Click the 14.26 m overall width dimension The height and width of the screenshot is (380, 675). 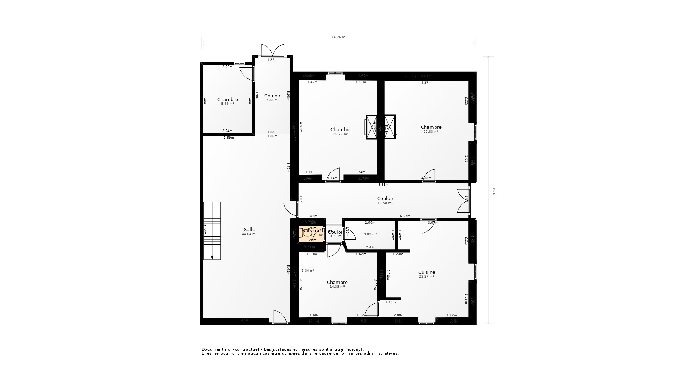coord(338,37)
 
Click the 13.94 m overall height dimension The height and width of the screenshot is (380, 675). coord(494,190)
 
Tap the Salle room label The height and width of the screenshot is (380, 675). coord(249,230)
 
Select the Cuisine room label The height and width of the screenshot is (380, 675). coord(426,272)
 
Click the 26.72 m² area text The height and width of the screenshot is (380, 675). coord(340,134)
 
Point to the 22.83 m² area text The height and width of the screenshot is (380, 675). coord(431,132)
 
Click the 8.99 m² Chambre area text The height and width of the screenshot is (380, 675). coord(227,104)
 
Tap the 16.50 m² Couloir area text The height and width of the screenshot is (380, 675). coord(385,203)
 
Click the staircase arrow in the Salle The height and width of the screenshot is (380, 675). coord(212,257)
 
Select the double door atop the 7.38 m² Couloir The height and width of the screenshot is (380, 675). coord(272,50)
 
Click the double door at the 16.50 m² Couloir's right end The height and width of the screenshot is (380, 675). coord(464,201)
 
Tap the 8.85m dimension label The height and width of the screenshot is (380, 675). coord(383,185)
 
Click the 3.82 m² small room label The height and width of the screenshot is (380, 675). coord(370,234)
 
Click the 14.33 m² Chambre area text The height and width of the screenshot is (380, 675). coord(337,287)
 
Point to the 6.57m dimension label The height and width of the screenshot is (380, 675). coord(405,216)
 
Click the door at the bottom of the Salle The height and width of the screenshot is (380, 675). coord(280,317)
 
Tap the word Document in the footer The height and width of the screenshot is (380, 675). coord(212,349)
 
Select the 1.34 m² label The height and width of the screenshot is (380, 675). coord(308,271)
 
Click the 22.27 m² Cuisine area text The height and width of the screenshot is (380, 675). coord(426,277)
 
